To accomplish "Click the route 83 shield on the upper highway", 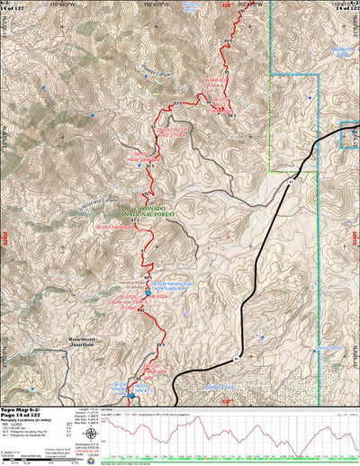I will [293, 181].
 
